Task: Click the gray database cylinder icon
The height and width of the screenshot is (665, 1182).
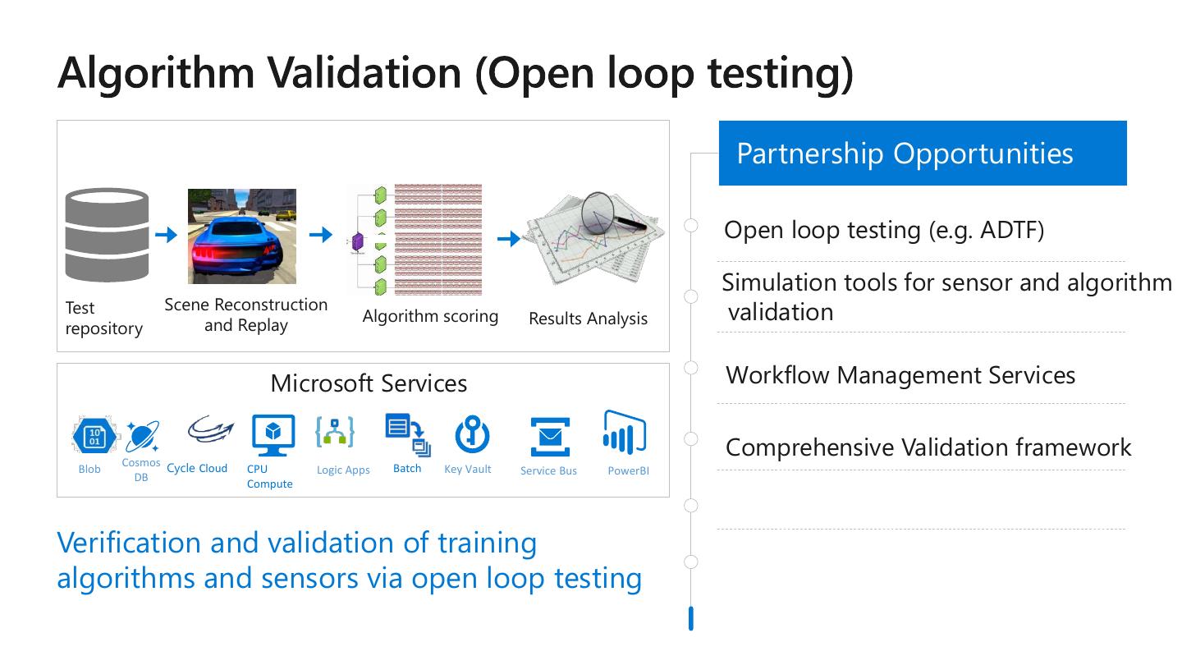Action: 107,236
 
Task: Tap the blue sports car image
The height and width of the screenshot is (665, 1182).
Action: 241,236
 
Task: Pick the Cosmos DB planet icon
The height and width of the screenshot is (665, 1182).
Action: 141,437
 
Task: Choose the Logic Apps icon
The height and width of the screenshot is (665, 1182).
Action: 335,433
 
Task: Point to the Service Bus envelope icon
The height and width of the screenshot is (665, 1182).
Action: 549,437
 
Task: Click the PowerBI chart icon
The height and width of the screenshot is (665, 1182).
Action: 624,433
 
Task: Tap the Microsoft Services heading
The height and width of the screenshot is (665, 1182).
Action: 369,383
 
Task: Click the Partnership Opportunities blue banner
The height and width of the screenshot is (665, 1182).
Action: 922,154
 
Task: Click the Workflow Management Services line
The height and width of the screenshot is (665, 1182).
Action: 900,375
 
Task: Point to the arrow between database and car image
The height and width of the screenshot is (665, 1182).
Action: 167,236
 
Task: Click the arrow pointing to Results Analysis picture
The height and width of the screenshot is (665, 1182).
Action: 509,239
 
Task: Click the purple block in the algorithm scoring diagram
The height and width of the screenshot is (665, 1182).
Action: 357,243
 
